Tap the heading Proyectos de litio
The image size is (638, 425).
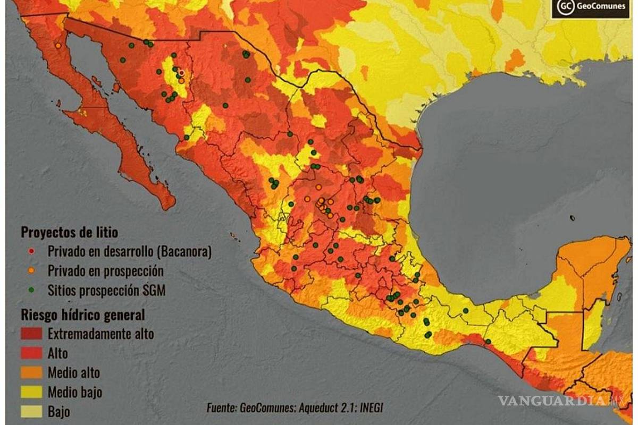(x=69, y=233)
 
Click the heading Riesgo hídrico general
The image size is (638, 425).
(x=82, y=314)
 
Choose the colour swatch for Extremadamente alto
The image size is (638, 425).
(x=32, y=334)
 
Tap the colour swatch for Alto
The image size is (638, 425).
(x=32, y=353)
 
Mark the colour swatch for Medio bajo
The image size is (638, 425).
(x=32, y=393)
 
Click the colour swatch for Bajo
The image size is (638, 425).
(x=32, y=411)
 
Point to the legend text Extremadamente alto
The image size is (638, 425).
(x=101, y=334)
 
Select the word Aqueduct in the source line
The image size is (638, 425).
(x=319, y=408)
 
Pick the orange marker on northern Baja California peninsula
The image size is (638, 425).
(x=57, y=46)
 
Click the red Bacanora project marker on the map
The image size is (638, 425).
(x=181, y=73)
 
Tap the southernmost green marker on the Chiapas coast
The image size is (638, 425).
(x=488, y=341)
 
